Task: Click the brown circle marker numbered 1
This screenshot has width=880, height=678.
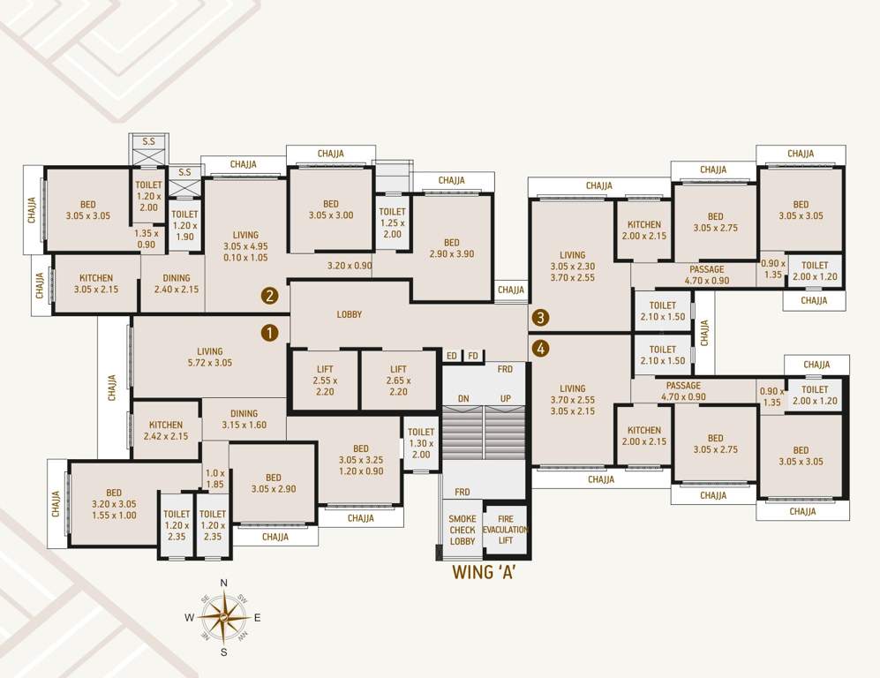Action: [270, 333]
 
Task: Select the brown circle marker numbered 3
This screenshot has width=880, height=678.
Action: [540, 317]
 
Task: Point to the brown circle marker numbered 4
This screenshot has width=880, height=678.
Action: [540, 349]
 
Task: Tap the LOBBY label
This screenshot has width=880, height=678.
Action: [350, 314]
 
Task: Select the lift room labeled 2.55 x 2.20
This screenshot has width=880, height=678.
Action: [325, 380]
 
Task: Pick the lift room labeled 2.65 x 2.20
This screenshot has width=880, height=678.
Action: [398, 380]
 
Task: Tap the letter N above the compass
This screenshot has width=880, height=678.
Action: [224, 583]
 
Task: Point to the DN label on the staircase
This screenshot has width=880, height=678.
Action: [463, 399]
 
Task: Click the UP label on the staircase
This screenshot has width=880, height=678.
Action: [506, 399]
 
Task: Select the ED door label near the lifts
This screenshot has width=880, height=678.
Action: [452, 356]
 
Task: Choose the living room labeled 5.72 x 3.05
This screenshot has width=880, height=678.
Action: [210, 357]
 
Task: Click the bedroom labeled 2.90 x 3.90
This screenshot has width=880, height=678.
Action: [452, 248]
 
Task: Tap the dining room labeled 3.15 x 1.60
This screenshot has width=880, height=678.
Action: [244, 419]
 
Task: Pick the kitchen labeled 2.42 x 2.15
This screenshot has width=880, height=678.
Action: [166, 431]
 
